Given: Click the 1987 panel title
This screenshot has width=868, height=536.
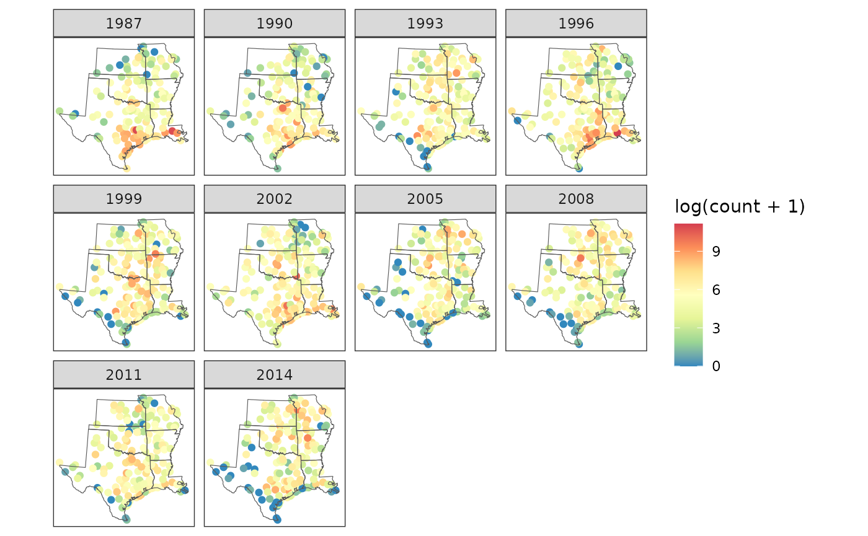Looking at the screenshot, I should pos(124,24).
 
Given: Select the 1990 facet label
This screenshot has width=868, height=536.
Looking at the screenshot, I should pos(275,24).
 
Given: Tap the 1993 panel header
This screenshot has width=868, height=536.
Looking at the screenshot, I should pos(425,24).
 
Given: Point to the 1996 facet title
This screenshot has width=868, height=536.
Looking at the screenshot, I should pos(576,24).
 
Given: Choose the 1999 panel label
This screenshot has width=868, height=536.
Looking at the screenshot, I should pos(124,199).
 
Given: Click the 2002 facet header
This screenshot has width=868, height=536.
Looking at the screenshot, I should pos(275,199).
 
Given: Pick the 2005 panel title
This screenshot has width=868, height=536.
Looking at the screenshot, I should pos(425,199).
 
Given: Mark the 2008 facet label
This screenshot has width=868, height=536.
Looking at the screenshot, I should pos(576,199).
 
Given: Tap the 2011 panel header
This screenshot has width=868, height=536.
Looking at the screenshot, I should pos(124,374).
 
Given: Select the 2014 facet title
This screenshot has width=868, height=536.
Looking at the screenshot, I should pos(275,374).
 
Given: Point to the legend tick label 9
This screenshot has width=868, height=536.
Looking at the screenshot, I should pos(716,251).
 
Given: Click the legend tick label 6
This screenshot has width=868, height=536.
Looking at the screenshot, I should pos(716,289).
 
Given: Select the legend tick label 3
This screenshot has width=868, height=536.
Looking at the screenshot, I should pos(716,328).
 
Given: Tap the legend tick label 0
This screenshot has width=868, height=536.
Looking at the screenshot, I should pos(716,366).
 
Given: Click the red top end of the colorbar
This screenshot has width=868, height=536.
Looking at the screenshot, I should pos(688,226).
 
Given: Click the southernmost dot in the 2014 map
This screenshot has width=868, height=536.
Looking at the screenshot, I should pos(277,519).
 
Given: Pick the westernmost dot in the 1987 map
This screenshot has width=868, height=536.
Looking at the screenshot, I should pos(60,111).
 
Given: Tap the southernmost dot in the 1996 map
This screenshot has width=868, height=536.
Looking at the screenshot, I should pos(578,168).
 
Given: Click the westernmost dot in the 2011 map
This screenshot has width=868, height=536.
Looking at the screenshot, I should pos(60,462).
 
